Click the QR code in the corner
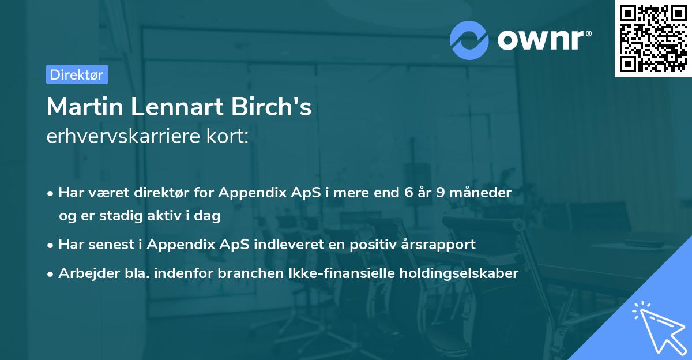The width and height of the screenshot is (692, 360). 653,39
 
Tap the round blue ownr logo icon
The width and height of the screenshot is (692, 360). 470,40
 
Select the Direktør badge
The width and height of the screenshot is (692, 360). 77,74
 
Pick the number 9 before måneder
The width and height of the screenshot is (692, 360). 441,193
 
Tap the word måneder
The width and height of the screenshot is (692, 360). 480,193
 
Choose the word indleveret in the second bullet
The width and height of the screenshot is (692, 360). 298,245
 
